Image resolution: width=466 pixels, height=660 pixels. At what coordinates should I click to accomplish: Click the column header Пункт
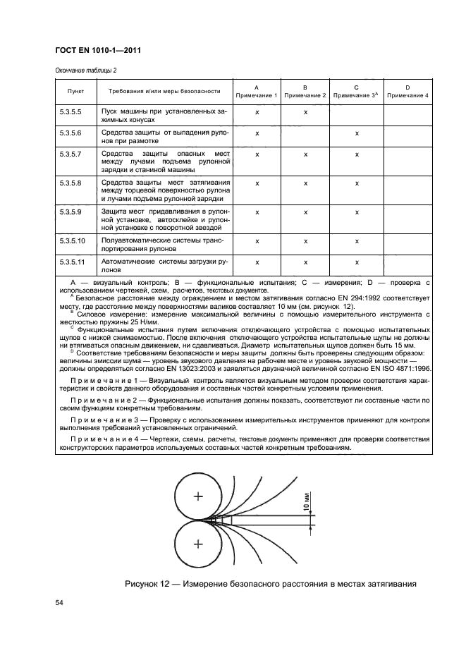click(75, 91)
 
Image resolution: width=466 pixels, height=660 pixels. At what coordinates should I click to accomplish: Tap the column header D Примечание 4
click(407, 91)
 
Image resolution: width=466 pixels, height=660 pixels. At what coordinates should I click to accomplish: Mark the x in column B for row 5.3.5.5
click(306, 112)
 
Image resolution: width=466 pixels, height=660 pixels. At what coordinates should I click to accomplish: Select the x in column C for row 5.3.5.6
click(357, 133)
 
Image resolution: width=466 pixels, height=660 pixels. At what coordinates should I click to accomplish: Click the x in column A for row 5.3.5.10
click(257, 240)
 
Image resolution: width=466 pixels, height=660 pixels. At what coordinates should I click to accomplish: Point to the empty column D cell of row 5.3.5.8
click(407, 183)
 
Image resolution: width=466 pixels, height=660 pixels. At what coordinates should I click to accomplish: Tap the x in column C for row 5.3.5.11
click(357, 262)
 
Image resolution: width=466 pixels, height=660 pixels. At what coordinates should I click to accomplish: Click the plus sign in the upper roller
click(198, 496)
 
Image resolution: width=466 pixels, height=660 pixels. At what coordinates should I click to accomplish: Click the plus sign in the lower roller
click(198, 543)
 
